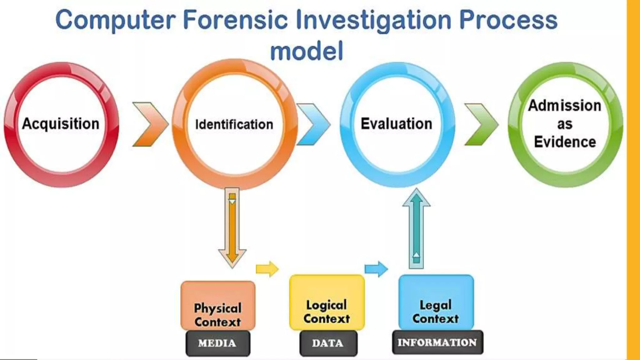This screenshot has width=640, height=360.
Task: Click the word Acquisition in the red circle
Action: [x=61, y=124]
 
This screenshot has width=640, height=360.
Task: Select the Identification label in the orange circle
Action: [x=234, y=124]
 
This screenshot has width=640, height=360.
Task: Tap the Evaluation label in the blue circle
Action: [x=396, y=124]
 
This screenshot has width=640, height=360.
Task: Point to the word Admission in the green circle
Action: [x=564, y=106]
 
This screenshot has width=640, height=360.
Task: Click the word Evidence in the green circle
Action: [x=565, y=142]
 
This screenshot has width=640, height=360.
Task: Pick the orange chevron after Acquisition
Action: [x=150, y=124]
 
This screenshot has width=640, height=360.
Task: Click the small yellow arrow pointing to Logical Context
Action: [x=267, y=269]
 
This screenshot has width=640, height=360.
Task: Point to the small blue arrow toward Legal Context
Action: [x=376, y=269]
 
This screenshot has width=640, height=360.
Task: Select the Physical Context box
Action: [x=218, y=306]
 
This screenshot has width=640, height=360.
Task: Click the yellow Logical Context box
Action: [x=327, y=302]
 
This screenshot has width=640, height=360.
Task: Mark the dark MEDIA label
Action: [x=217, y=343]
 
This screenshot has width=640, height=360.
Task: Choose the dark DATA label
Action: [x=328, y=343]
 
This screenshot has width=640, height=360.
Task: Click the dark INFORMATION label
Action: [x=437, y=342]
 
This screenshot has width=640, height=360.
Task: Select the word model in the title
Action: [x=307, y=51]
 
